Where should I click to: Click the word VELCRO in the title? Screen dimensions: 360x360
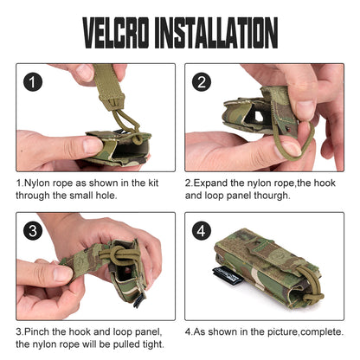click(x=116, y=33)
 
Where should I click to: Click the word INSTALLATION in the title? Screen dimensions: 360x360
click(x=216, y=33)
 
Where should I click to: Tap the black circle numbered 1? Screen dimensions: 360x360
click(x=33, y=82)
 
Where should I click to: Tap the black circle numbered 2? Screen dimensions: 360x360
click(x=202, y=82)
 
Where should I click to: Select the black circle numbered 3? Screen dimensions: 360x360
click(x=33, y=231)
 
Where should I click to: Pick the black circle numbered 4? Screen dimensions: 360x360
click(x=202, y=231)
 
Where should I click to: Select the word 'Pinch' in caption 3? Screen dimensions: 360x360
click(x=36, y=331)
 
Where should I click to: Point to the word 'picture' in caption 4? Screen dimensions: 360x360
click(x=283, y=332)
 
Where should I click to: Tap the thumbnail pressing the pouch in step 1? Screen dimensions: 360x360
click(x=93, y=145)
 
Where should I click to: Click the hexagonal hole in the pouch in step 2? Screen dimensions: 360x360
click(x=258, y=116)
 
